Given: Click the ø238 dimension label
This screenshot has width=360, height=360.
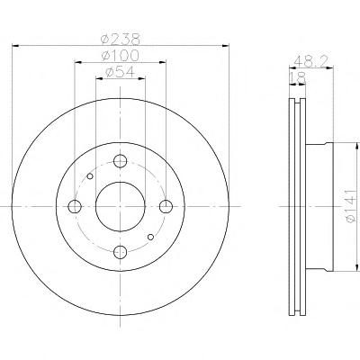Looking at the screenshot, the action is click(121, 39).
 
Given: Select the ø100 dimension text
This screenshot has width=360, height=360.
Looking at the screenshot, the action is click(121, 55).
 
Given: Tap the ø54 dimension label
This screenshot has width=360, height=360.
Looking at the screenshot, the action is click(120, 71).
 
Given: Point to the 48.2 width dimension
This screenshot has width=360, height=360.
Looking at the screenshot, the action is click(311, 61).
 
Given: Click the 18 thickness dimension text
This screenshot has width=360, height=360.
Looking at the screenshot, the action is click(298, 77).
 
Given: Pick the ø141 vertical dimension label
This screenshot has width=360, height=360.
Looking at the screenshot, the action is click(351, 206).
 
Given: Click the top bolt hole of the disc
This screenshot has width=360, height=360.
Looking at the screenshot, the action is click(121, 161).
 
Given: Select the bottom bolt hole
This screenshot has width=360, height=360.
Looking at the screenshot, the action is click(121, 252).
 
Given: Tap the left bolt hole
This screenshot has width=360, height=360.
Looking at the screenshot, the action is click(75, 206).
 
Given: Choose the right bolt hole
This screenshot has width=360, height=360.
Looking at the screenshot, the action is click(166, 206).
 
